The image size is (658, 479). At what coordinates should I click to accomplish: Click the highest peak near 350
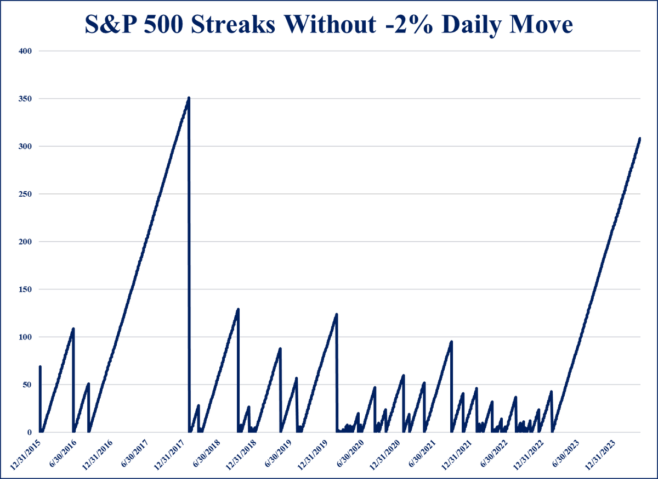(x=189, y=98)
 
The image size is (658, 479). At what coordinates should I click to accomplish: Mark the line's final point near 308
(x=639, y=139)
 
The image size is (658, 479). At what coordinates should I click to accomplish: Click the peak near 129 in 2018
(x=238, y=309)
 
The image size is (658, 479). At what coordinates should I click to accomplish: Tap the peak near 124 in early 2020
(x=336, y=314)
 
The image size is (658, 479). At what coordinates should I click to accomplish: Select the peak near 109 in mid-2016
(x=73, y=328)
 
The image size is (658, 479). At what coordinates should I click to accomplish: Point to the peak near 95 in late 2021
(x=451, y=342)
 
